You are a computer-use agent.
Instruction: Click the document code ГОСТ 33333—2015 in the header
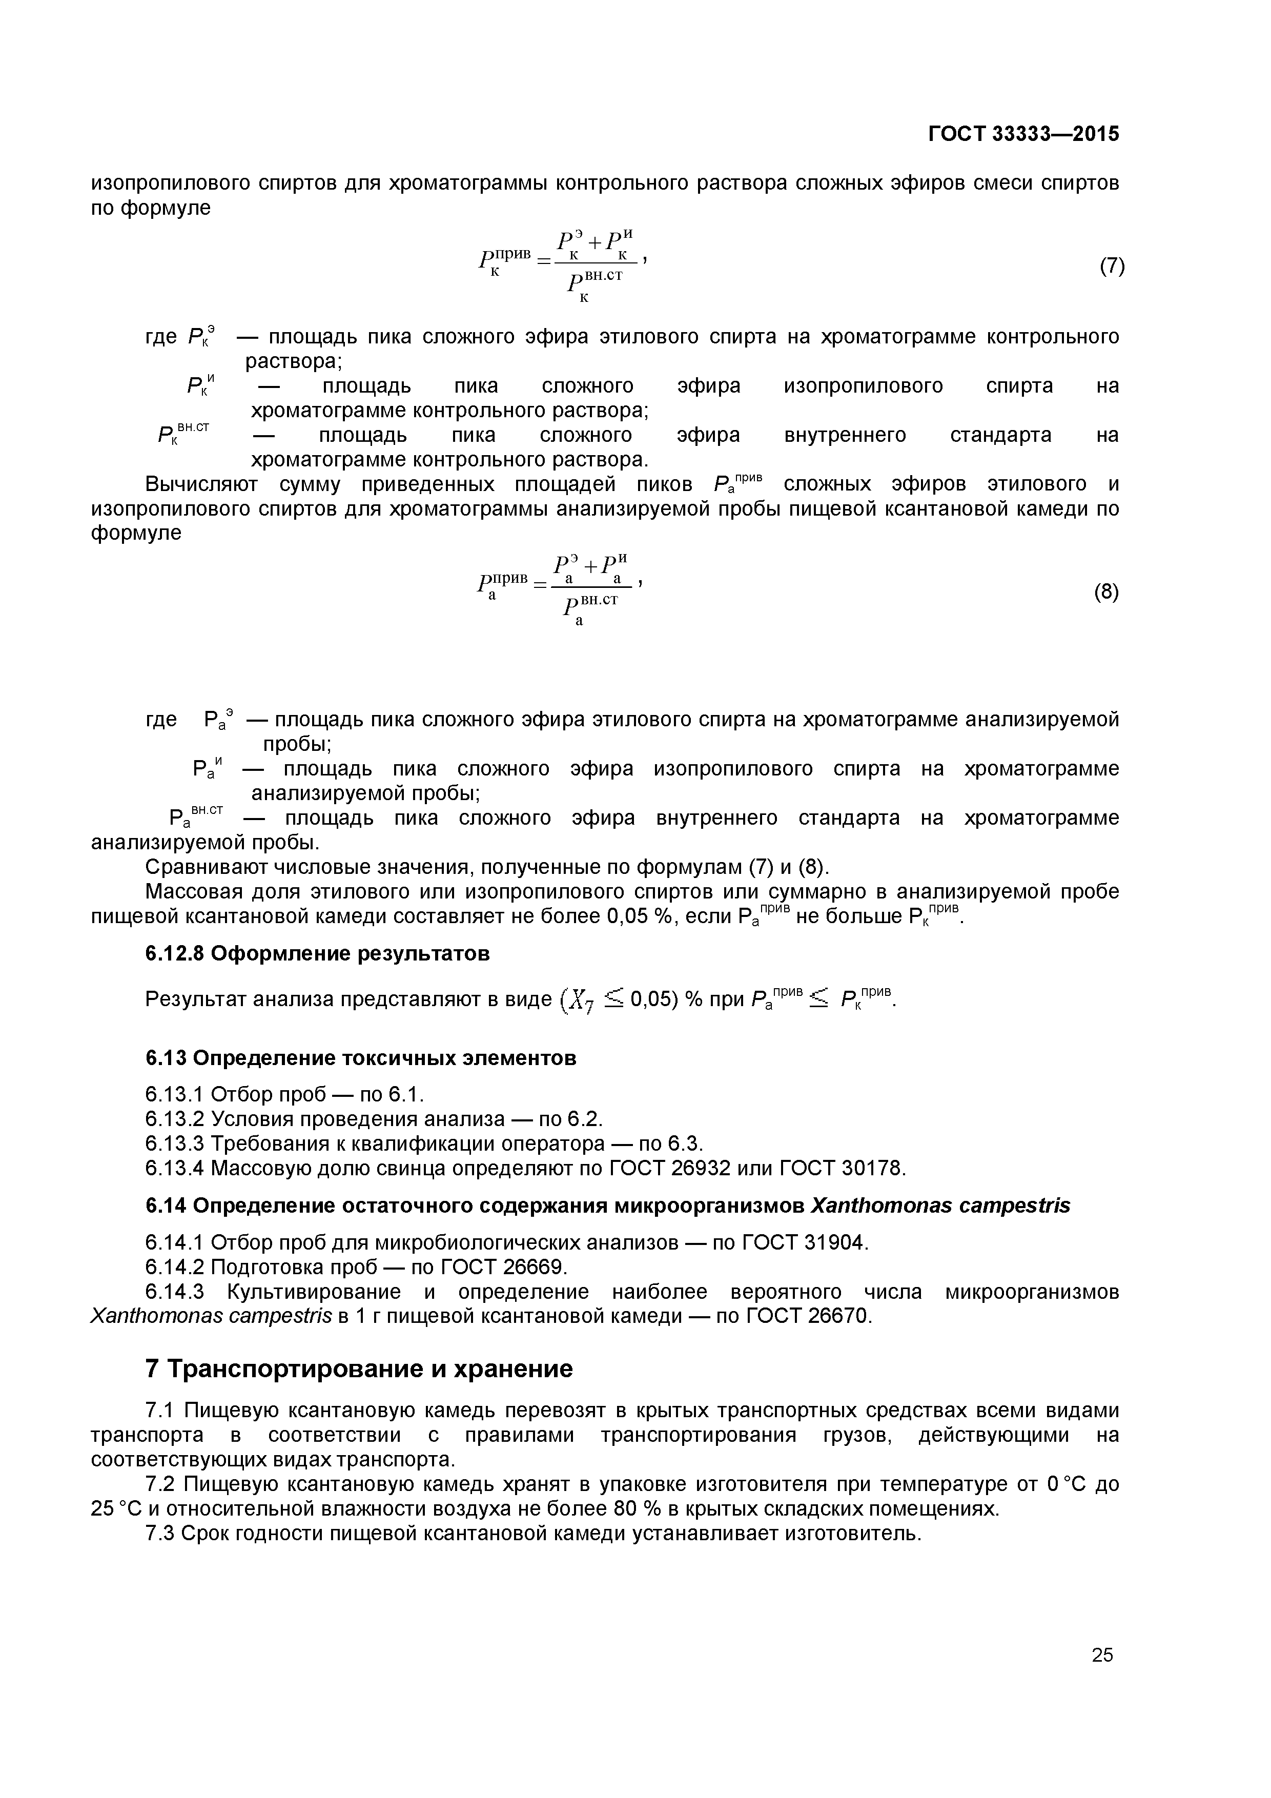1023,134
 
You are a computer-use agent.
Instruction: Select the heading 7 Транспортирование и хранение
359,1369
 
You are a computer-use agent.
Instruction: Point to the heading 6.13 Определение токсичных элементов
361,1058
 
